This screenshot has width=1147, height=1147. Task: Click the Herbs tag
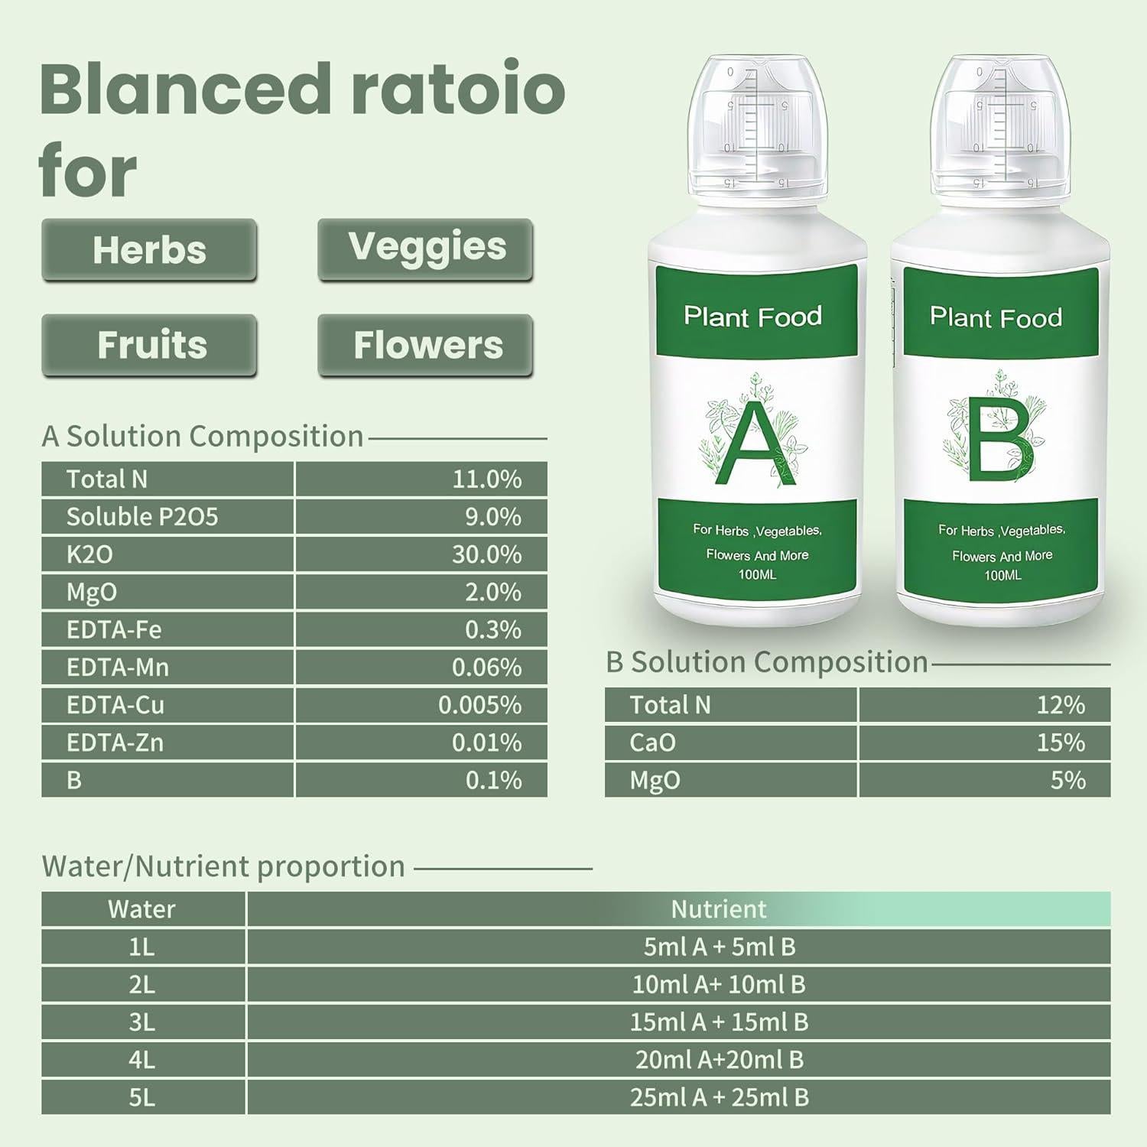149,250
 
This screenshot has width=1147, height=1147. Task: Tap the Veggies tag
426,248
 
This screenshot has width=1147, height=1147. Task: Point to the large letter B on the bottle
1000,444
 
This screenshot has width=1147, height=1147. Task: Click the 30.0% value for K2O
486,554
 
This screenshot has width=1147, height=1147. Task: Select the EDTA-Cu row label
115,705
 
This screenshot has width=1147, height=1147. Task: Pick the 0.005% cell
479,705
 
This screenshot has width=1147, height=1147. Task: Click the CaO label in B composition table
652,742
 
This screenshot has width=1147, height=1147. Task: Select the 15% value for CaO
1061,742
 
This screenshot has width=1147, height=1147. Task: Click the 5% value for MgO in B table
1068,780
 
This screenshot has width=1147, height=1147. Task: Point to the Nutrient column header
718,909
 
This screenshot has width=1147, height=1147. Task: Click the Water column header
141,909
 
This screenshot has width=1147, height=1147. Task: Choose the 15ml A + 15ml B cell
719,1022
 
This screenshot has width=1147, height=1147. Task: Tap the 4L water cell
141,1060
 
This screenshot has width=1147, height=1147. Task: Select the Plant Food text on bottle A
752,317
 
